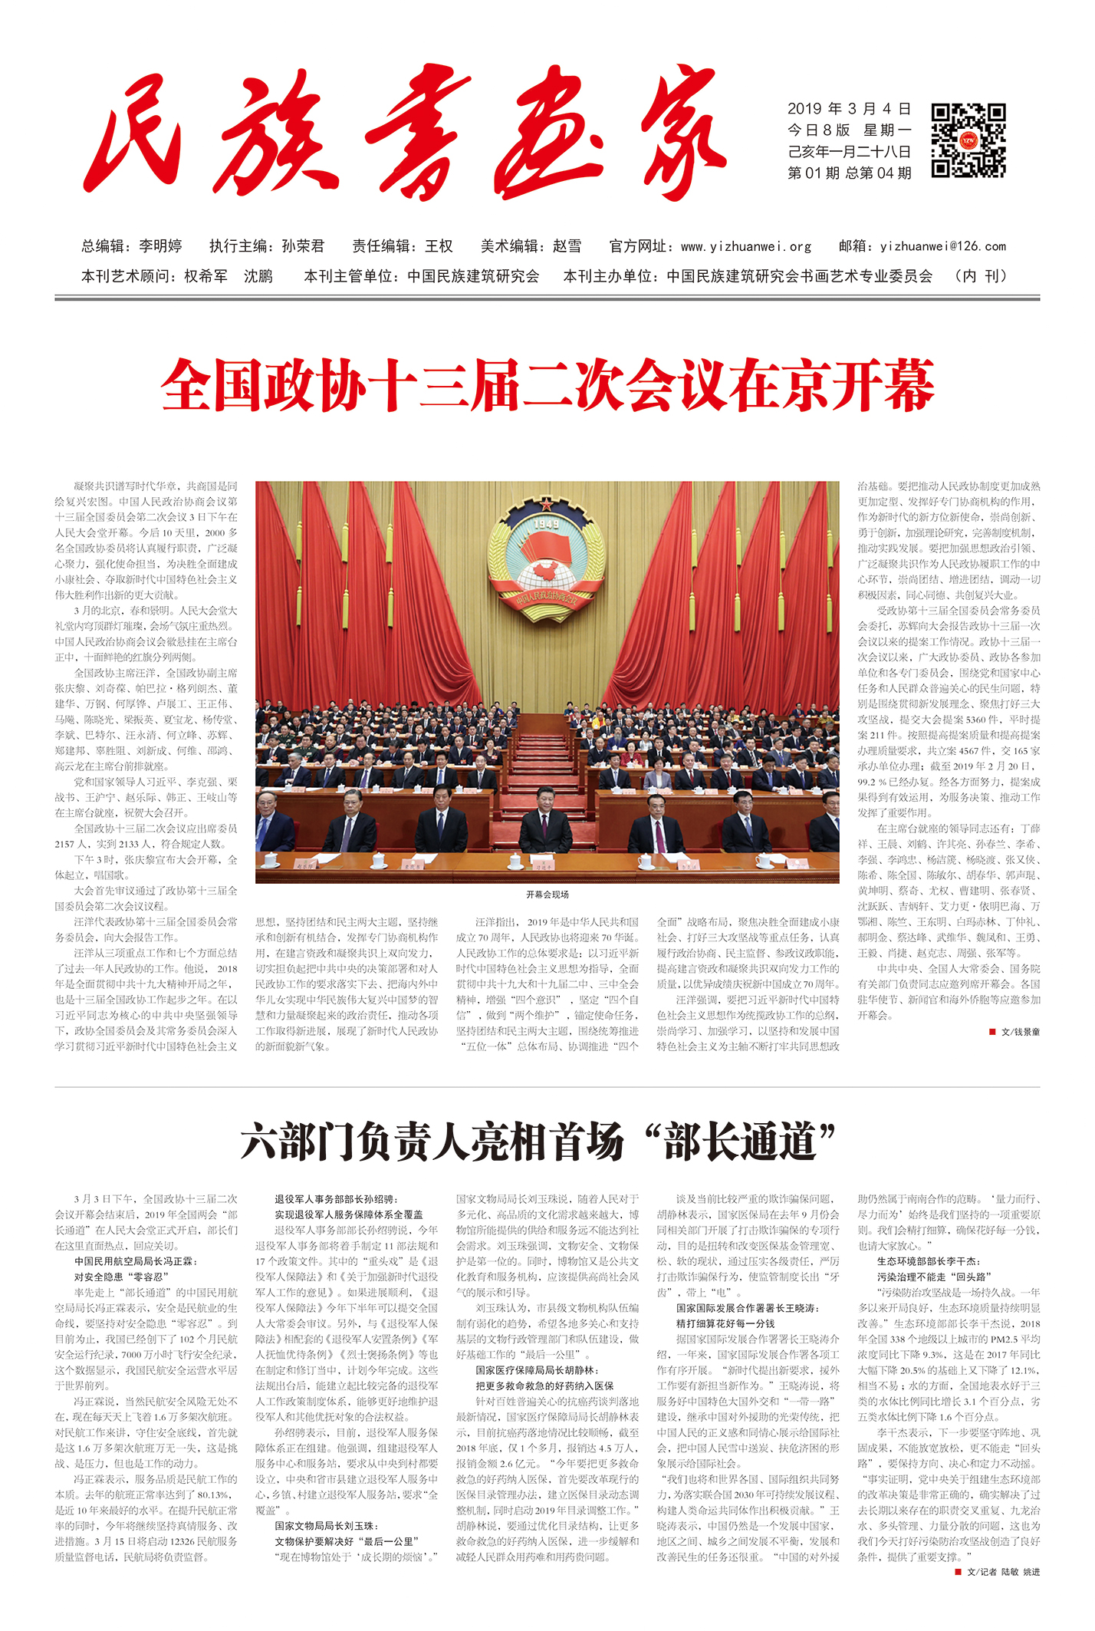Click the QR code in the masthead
[968, 141]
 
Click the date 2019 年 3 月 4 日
[849, 109]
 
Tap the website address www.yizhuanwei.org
[745, 246]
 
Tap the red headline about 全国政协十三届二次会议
[547, 385]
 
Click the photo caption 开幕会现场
[547, 895]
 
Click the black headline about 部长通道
[537, 1142]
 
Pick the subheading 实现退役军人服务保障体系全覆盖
[349, 1214]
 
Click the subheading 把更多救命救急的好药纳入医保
[544, 1386]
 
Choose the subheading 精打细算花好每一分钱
[725, 1323]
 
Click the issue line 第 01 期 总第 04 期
[849, 173]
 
